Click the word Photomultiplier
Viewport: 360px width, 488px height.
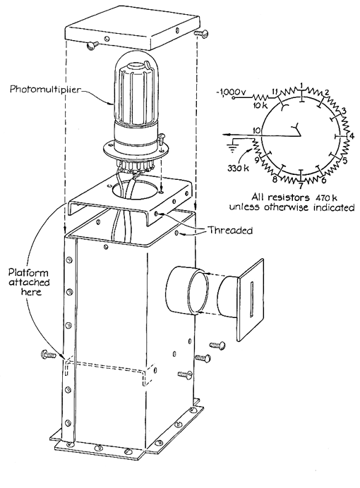click(45, 89)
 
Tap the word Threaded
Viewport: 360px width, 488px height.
click(230, 231)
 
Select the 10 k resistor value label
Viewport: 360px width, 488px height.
click(260, 105)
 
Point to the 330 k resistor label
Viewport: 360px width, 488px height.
click(239, 168)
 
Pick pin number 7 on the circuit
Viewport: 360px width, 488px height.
click(300, 186)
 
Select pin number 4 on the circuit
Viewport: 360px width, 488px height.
click(352, 135)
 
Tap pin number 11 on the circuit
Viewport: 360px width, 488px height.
click(275, 91)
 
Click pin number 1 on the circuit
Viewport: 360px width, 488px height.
click(301, 85)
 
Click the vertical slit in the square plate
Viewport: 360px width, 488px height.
click(252, 300)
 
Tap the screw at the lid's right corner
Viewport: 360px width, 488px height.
click(200, 33)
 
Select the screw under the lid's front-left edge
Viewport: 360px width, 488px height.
click(92, 45)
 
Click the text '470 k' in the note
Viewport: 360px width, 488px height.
click(326, 197)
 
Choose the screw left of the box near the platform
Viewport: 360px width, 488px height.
click(49, 355)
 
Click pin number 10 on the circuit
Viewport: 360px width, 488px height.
click(256, 130)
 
